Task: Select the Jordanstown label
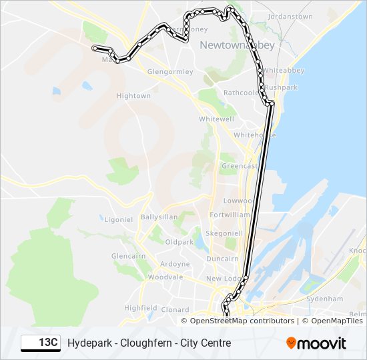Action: [x=290, y=15]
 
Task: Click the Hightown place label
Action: [x=133, y=96]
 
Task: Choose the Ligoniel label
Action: [x=119, y=219]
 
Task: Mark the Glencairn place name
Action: [x=128, y=256]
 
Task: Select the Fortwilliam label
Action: [x=230, y=215]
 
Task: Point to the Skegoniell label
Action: [x=225, y=234]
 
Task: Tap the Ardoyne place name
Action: [x=175, y=264]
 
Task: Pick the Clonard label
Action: [x=175, y=310]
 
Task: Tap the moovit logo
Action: [x=316, y=343]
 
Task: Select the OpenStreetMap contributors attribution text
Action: [x=242, y=321]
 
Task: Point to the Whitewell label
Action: [x=216, y=119]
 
